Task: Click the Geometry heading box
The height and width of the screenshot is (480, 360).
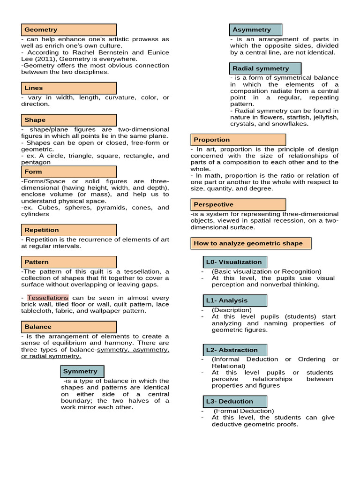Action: pyautogui.click(x=68, y=30)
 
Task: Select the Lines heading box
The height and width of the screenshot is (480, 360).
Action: pyautogui.click(x=68, y=88)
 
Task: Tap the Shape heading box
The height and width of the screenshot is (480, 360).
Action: pyautogui.click(x=68, y=120)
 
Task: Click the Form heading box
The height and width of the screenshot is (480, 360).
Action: pyautogui.click(x=68, y=172)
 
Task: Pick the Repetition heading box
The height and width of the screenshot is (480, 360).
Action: pyautogui.click(x=68, y=230)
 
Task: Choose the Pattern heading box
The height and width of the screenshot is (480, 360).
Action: pyautogui.click(x=68, y=262)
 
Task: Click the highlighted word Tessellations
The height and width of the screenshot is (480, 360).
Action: pyautogui.click(x=48, y=298)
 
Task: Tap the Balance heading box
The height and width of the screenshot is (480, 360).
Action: pyautogui.click(x=68, y=327)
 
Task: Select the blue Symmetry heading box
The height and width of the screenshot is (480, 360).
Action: pyautogui.click(x=82, y=371)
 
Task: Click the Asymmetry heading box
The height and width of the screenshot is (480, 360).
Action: pyautogui.click(x=256, y=30)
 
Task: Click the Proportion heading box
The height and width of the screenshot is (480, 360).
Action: pyautogui.click(x=238, y=140)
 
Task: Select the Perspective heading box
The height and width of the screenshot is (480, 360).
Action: pyautogui.click(x=238, y=204)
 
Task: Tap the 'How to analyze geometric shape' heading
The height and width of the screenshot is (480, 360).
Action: pyautogui.click(x=251, y=243)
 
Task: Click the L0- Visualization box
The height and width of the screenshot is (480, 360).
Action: pyautogui.click(x=234, y=262)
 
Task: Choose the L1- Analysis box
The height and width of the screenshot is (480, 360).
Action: pyautogui.click(x=234, y=300)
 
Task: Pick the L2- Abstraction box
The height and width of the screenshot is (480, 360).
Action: pyautogui.click(x=234, y=350)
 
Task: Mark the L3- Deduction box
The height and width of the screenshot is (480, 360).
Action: pyautogui.click(x=234, y=401)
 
